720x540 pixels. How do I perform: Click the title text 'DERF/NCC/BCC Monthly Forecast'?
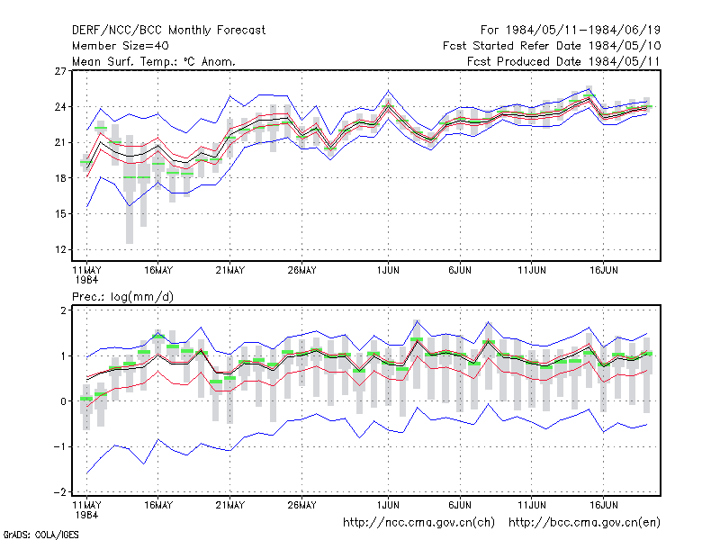click(x=168, y=31)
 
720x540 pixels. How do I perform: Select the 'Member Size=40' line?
click(x=121, y=46)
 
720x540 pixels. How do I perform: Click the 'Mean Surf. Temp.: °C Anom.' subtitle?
click(x=154, y=61)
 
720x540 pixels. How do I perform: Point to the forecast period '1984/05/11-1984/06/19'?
click(x=583, y=31)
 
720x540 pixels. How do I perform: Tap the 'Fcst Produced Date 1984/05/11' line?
click(x=564, y=61)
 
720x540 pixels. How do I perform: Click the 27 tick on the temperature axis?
click(x=60, y=71)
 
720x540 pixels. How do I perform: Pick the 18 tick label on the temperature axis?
click(x=60, y=178)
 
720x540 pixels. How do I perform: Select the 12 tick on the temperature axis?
click(x=60, y=250)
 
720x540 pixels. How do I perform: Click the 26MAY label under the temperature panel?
click(x=302, y=270)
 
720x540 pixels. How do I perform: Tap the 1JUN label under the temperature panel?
click(x=389, y=270)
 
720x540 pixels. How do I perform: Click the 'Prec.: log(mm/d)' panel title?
click(x=122, y=297)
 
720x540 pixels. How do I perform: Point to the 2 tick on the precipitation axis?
click(x=63, y=310)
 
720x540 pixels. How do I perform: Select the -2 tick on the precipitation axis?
click(x=60, y=492)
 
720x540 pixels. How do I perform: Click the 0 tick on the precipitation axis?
click(x=63, y=401)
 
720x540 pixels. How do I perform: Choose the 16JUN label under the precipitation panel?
click(x=604, y=505)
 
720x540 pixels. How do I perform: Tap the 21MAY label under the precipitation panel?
click(x=230, y=505)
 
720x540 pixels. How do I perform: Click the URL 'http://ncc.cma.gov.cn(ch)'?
click(x=418, y=523)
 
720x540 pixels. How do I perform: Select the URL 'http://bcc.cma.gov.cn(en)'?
click(x=584, y=523)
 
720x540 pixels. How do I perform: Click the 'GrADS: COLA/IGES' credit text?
click(x=40, y=535)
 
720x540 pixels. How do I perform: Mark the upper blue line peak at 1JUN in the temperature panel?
click(x=389, y=91)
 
